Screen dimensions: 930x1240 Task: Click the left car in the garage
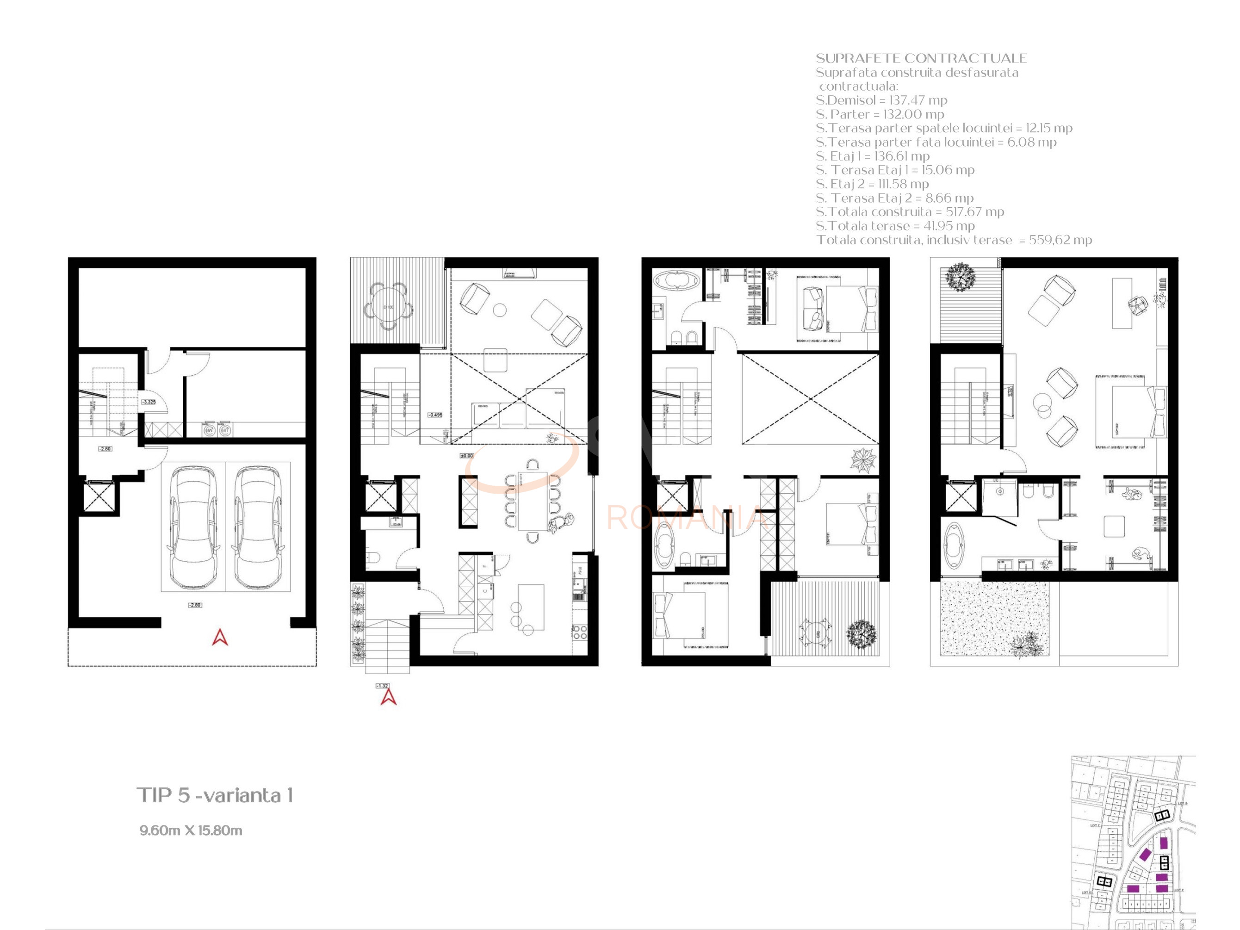coord(193,527)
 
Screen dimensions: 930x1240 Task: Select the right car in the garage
coord(258,527)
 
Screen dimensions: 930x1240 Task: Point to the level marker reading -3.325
coord(149,402)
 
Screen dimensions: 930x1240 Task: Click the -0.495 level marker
coord(435,415)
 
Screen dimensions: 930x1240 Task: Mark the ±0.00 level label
coord(466,456)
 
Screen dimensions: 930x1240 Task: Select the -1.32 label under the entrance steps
coord(382,686)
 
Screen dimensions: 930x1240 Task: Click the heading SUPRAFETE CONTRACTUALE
coord(921,58)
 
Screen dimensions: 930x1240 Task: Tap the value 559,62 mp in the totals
coord(1060,240)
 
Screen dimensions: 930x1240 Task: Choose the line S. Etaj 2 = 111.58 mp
coord(872,184)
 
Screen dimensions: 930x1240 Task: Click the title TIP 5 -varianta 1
coord(215,795)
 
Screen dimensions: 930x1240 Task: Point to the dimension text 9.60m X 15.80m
coord(191,830)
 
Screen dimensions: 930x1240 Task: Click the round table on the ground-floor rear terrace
coord(389,307)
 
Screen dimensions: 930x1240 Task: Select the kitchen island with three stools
coord(531,608)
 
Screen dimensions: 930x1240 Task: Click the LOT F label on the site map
coord(1179,890)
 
